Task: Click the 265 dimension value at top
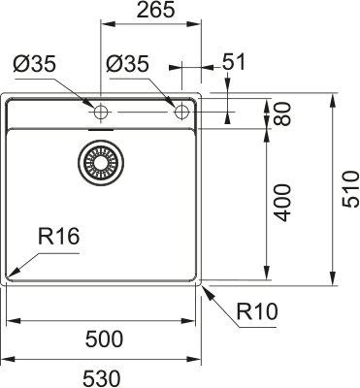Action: (155, 10)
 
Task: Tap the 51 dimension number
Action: (234, 62)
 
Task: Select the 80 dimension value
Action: (282, 113)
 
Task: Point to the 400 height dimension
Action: (282, 203)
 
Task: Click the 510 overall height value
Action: (351, 189)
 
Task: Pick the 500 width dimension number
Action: (104, 339)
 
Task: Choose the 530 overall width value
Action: (102, 378)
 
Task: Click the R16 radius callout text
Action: (58, 237)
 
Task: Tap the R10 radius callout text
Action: (257, 311)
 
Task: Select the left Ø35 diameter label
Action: (35, 63)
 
